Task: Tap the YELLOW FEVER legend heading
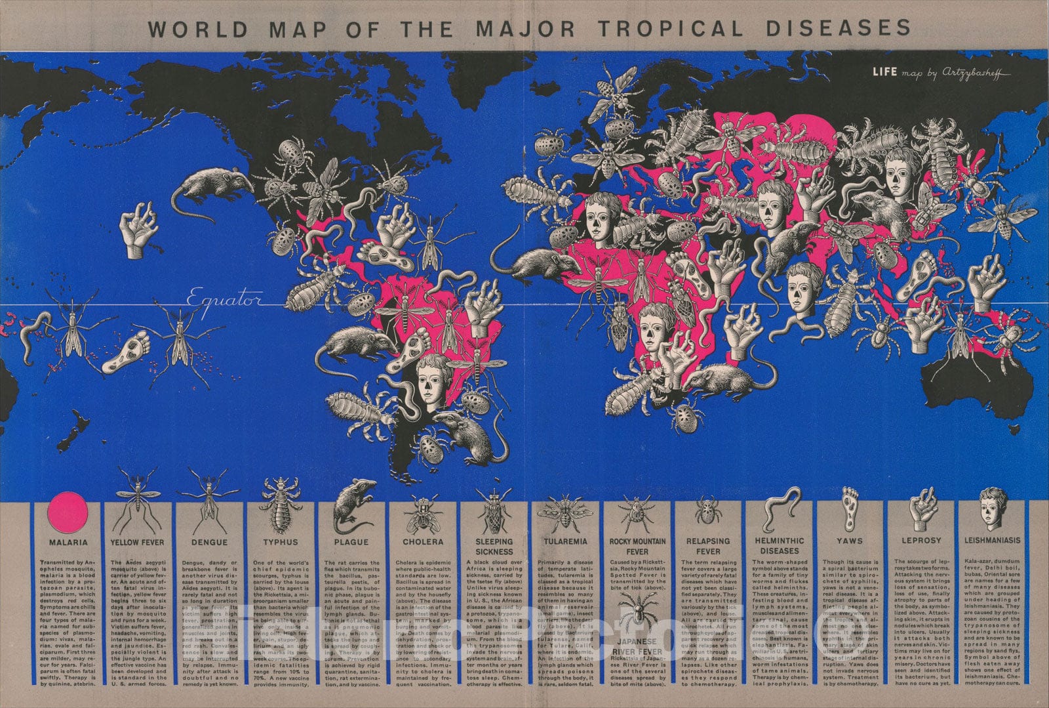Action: pyautogui.click(x=137, y=542)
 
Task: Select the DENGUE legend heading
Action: pyautogui.click(x=209, y=542)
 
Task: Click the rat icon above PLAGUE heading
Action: pyautogui.click(x=353, y=507)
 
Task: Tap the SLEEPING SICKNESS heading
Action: pyautogui.click(x=494, y=547)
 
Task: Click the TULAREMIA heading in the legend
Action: pyautogui.click(x=566, y=541)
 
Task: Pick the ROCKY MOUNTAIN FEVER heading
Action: pyautogui.click(x=637, y=547)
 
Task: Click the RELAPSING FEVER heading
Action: pyautogui.click(x=708, y=547)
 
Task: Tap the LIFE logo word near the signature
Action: pyautogui.click(x=884, y=72)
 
